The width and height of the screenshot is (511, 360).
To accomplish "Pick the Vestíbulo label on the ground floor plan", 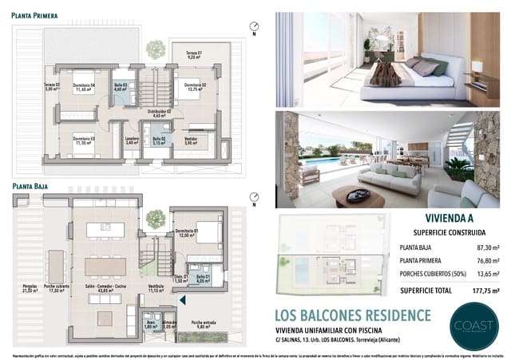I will tap(156, 290).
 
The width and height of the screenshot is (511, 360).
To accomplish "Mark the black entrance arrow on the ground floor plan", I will tap(183, 300).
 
